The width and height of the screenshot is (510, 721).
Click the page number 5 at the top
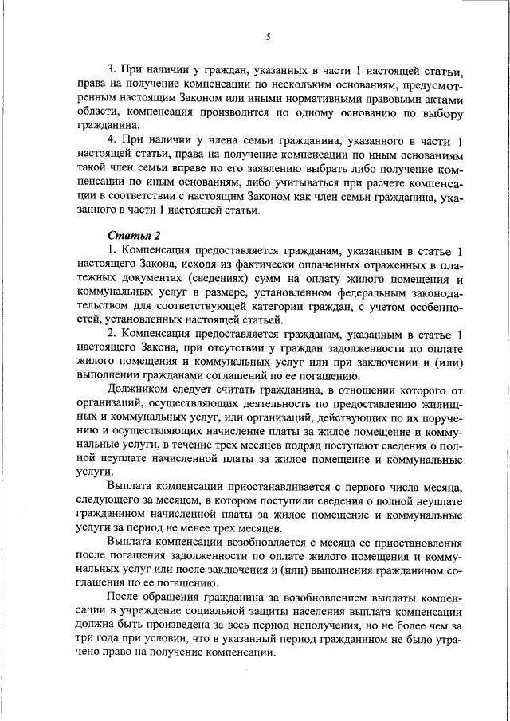coord(269,37)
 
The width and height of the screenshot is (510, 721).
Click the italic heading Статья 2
coord(134,236)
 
